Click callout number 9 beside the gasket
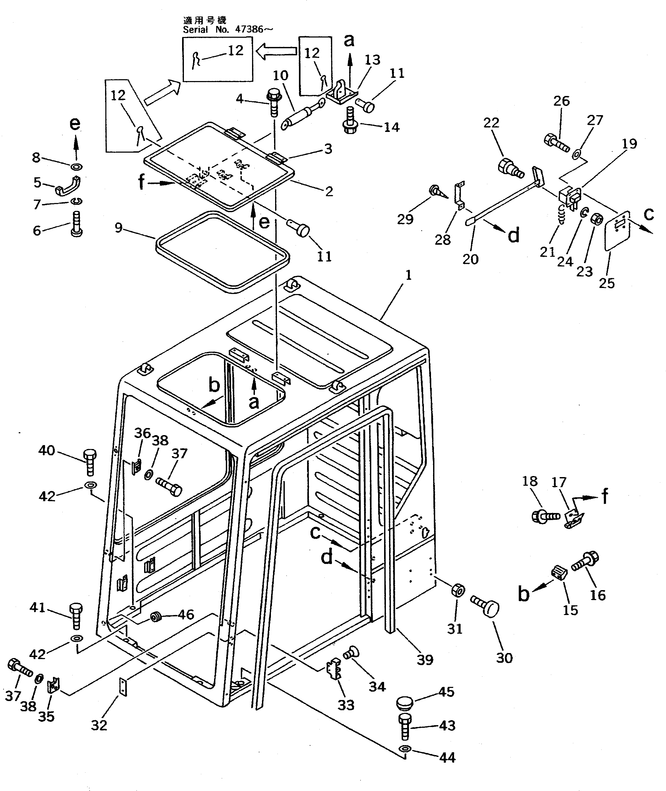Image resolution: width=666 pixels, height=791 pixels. pyautogui.click(x=118, y=228)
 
